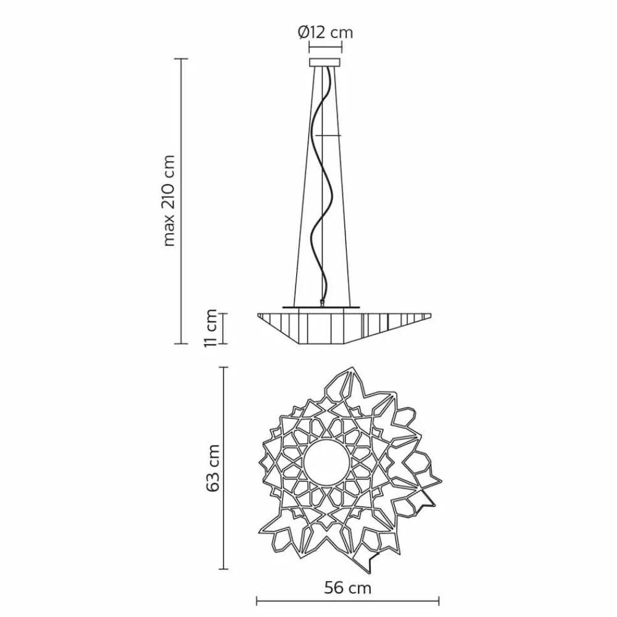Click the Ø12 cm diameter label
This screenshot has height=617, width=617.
[x=325, y=32]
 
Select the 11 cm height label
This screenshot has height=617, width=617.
[x=212, y=328]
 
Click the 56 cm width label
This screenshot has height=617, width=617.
[x=347, y=588]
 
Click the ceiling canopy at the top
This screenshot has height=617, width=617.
[x=325, y=62]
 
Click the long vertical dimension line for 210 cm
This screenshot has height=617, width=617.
[x=180, y=201]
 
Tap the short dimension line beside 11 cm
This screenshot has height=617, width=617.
[x=223, y=328]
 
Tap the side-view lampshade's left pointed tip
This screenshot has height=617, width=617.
[x=258, y=315]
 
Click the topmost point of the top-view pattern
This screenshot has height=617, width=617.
[x=354, y=366]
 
